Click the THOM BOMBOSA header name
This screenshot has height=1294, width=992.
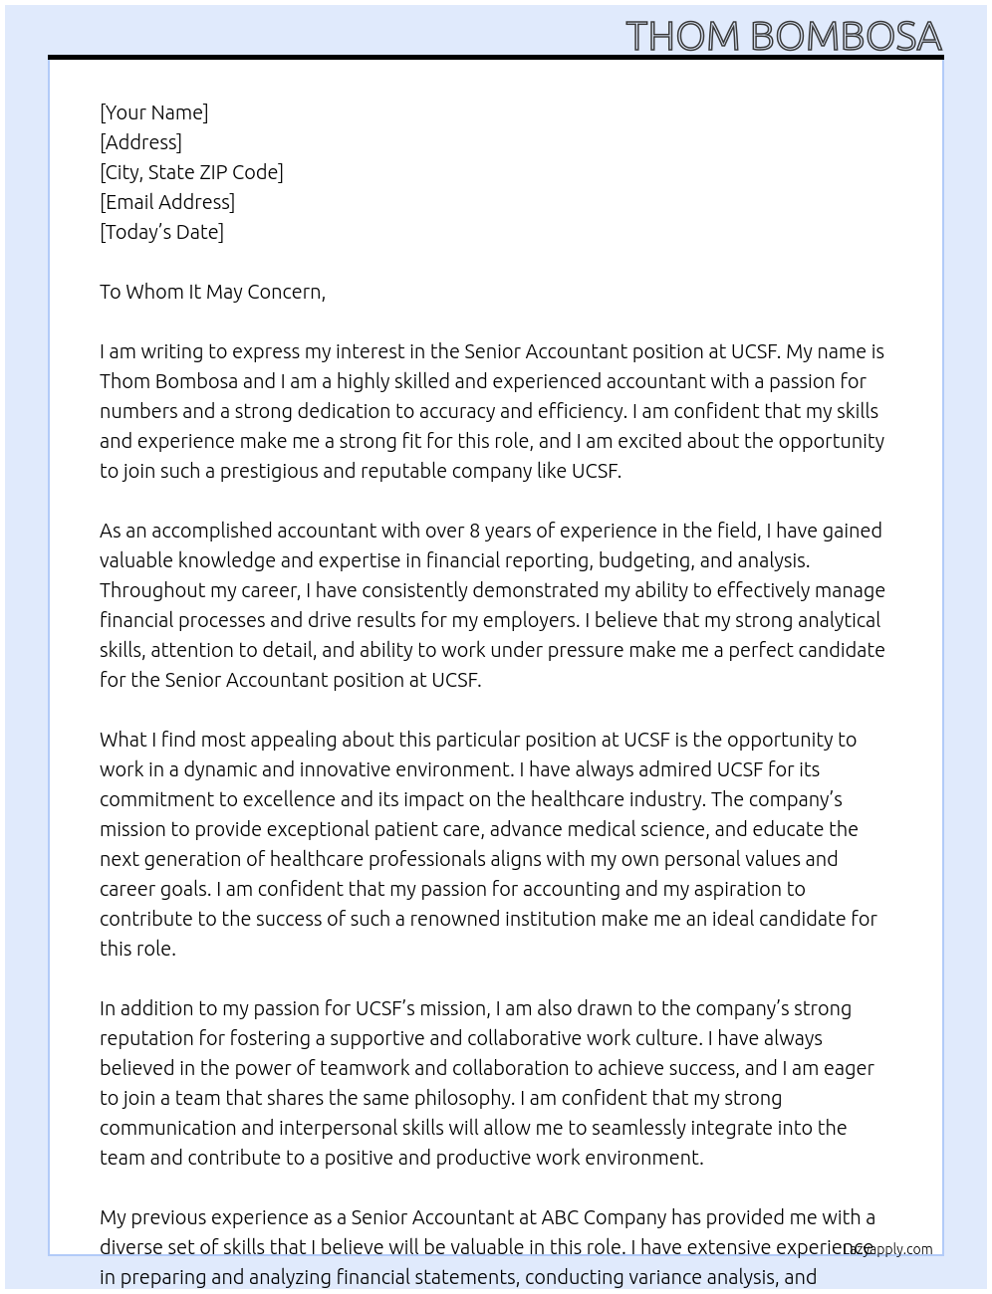[784, 36]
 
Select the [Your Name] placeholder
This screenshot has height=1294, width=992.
[153, 112]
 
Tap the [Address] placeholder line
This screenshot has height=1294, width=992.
[140, 142]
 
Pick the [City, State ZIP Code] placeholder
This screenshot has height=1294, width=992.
[191, 172]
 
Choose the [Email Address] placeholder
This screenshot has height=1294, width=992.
[167, 202]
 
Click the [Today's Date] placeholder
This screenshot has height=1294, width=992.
[161, 232]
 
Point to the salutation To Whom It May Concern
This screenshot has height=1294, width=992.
[212, 292]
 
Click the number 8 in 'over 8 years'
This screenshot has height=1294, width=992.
[475, 531]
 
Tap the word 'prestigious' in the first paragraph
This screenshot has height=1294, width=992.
[268, 471]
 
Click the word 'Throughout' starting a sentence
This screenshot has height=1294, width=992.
[150, 590]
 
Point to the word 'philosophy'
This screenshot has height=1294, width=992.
[463, 1098]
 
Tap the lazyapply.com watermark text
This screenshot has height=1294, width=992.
[887, 1249]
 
